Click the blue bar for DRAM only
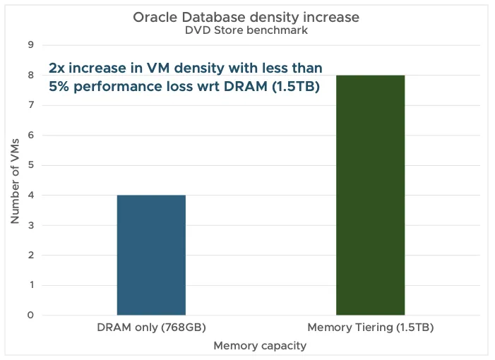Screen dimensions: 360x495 (x=151, y=255)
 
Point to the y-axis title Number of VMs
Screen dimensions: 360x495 (x=15, y=180)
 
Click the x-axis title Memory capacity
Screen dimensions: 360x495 (x=259, y=346)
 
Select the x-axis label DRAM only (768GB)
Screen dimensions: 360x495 (x=151, y=328)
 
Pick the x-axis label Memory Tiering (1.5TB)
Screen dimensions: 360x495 (x=370, y=328)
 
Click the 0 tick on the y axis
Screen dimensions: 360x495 (x=30, y=315)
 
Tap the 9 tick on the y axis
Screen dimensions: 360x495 (x=30, y=45)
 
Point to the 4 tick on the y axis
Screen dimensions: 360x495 (x=30, y=195)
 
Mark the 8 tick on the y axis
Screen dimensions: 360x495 (x=30, y=75)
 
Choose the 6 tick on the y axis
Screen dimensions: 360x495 (x=30, y=135)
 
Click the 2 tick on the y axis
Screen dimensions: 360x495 (x=30, y=255)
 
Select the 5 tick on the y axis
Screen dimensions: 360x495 (x=30, y=165)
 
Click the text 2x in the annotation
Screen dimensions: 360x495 (x=56, y=68)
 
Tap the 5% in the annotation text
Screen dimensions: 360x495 (x=59, y=87)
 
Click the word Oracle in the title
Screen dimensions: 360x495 (x=153, y=18)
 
